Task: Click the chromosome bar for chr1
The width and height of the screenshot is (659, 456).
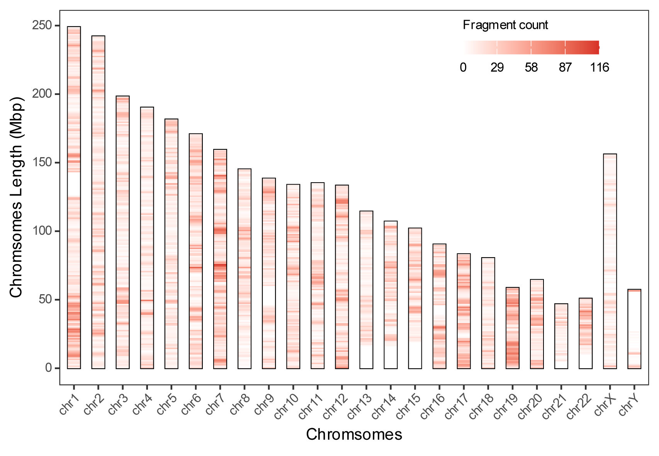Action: click(74, 197)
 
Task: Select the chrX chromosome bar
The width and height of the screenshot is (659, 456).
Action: click(610, 261)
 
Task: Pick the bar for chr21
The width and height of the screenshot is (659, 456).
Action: click(561, 336)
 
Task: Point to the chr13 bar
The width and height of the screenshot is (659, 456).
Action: click(366, 290)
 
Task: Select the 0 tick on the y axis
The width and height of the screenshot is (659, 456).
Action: click(48, 368)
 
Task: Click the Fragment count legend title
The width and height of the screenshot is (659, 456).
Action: click(505, 25)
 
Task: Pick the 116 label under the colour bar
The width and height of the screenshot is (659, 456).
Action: click(599, 68)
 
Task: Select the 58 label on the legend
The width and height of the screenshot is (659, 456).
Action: click(531, 68)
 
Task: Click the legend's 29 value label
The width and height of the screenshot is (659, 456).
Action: click(497, 68)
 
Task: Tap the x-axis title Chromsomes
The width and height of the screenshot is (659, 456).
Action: click(354, 434)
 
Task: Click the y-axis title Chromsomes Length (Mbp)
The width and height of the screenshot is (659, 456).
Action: click(16, 197)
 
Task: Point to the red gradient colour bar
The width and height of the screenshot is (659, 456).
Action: click(531, 47)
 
